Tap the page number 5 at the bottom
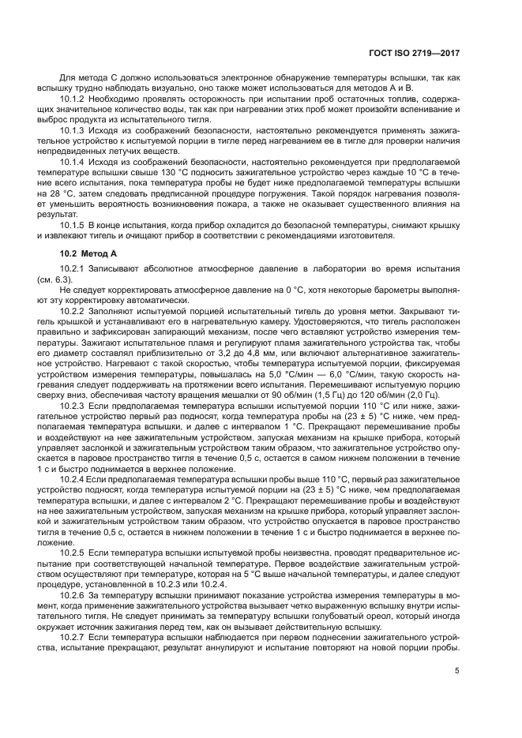click(x=457, y=671)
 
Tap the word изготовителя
click(x=366, y=236)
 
